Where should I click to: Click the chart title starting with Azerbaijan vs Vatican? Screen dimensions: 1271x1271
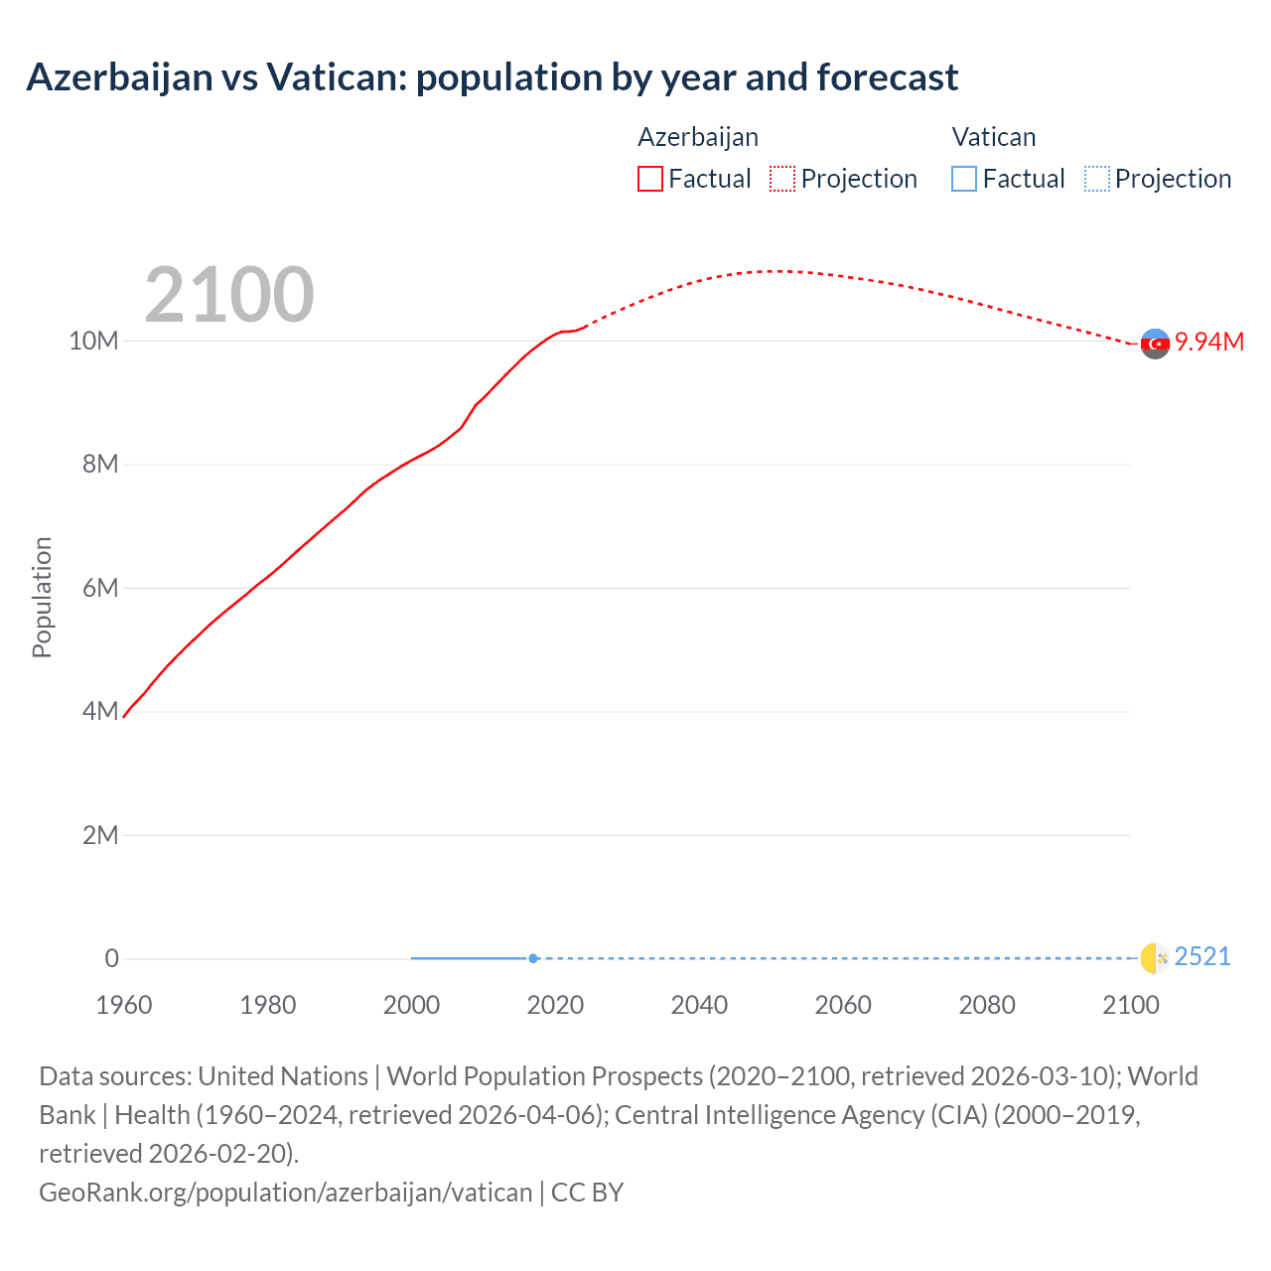[x=492, y=77]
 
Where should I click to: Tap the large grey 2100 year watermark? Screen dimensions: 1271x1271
[x=229, y=295]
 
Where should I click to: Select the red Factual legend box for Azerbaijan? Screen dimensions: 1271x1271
[x=650, y=179]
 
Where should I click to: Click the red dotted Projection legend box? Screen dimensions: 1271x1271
[x=782, y=179]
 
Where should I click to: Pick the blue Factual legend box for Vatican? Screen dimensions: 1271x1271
[x=964, y=179]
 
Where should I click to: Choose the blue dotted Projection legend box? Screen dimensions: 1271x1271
[x=1097, y=179]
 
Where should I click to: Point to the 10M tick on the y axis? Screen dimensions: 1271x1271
[x=93, y=342]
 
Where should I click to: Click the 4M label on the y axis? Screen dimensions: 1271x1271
[x=99, y=712]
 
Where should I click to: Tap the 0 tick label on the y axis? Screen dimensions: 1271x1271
[x=111, y=958]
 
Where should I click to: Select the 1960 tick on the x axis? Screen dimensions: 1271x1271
[x=124, y=1005]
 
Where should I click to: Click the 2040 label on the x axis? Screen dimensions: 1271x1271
[x=699, y=1005]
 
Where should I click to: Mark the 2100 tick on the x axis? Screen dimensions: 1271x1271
[x=1131, y=1005]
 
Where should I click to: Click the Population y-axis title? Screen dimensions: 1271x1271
[x=42, y=597]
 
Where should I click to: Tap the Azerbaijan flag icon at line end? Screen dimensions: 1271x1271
[x=1155, y=344]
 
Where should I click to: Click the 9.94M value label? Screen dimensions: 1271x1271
[x=1209, y=342]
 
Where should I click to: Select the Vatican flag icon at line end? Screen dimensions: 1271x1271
[x=1155, y=957]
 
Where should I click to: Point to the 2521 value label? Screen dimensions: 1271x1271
[x=1202, y=956]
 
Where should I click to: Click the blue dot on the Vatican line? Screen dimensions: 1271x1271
[x=533, y=958]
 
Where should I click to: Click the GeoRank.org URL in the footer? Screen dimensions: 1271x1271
[x=286, y=1192]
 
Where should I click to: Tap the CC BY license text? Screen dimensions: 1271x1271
[x=587, y=1192]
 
